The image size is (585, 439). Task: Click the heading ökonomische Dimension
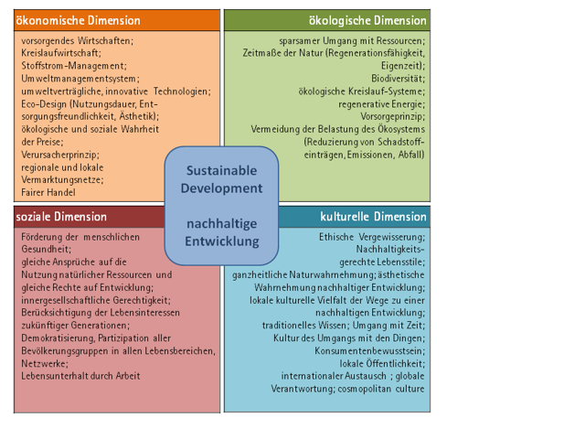pos(80,20)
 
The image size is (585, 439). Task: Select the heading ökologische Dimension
pos(367,20)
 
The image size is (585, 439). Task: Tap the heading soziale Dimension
pos(62,217)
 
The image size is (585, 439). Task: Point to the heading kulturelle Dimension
pos(373,217)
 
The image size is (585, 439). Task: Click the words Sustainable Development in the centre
pos(223,179)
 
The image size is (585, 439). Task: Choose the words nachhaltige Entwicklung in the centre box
pos(223,233)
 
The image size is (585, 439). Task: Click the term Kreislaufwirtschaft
pos(61,53)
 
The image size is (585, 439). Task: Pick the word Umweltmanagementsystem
pos(77,79)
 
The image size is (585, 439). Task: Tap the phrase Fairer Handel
pos(48,192)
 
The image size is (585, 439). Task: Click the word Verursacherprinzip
pos(59,155)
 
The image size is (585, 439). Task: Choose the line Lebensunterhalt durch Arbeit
pos(80,376)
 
